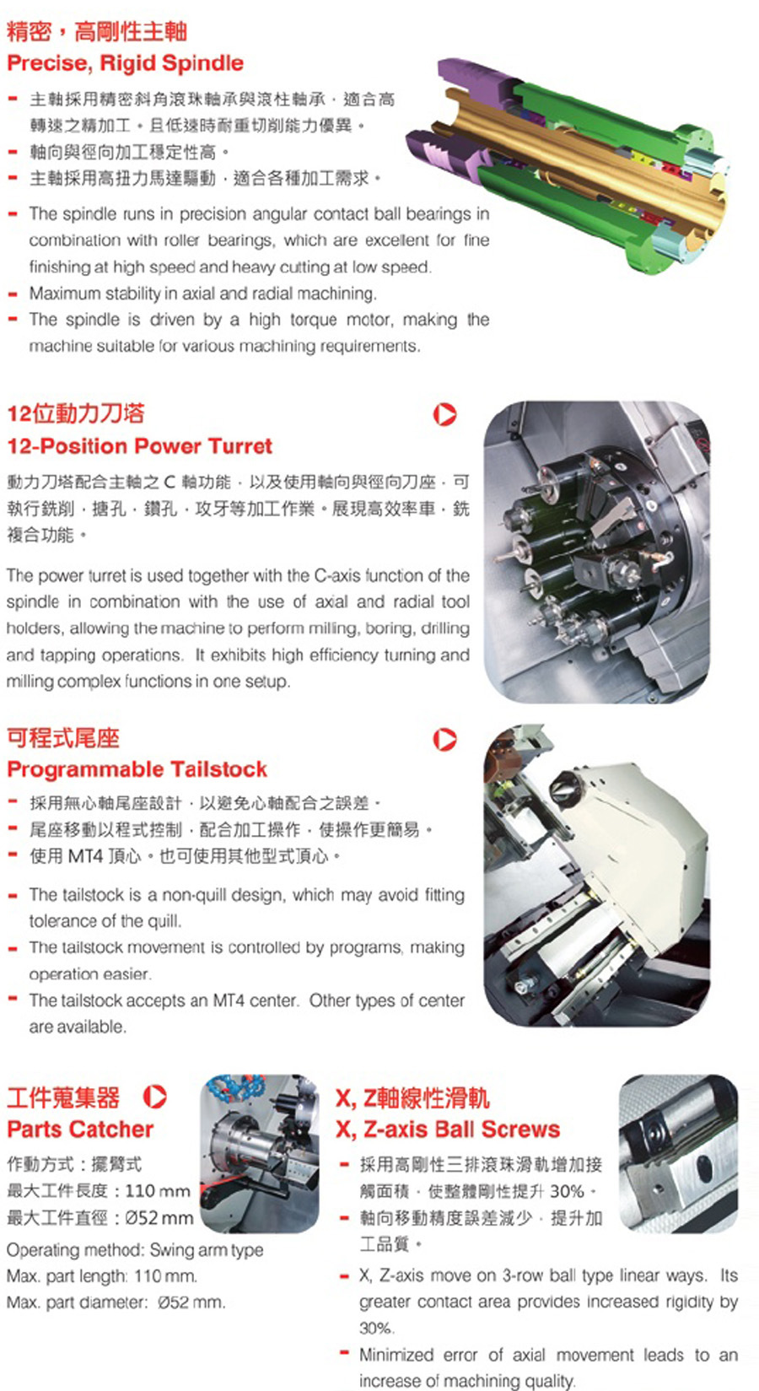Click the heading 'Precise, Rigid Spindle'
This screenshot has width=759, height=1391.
125,63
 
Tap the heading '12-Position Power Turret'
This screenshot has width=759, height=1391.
139,446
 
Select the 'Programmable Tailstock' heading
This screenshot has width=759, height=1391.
137,769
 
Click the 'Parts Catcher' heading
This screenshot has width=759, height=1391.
80,1129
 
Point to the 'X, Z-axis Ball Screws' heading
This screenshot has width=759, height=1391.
448,1129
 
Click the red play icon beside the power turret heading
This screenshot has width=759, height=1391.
444,414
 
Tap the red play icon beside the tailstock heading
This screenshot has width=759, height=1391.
444,739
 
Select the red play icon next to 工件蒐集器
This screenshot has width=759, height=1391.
154,1097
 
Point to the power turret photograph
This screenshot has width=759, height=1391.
596,552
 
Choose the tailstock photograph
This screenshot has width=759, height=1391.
596,876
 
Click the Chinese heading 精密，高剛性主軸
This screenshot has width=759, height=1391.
97,32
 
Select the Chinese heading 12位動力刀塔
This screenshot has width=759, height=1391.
76,413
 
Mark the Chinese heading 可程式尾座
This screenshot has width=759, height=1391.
63,738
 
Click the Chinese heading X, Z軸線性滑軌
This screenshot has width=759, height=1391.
412,1097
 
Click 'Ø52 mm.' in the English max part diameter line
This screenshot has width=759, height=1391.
191,1302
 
